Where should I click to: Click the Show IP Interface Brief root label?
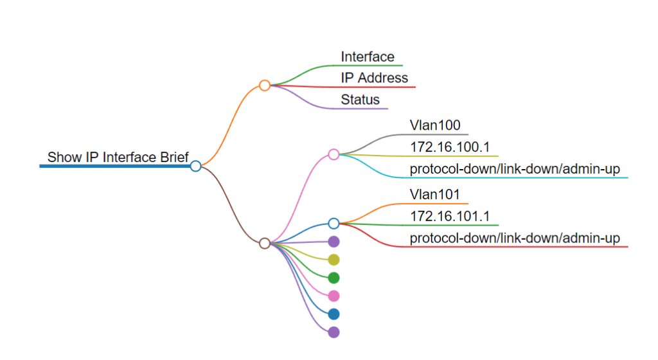click(118, 157)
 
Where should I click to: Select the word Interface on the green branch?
click(368, 57)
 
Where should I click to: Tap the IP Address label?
click(374, 78)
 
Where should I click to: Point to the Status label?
click(360, 100)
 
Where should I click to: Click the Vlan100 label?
click(435, 125)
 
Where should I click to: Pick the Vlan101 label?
click(435, 194)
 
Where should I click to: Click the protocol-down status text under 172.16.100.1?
click(515, 169)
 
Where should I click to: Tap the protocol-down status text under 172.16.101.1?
click(515, 239)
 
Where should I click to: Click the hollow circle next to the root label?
click(196, 166)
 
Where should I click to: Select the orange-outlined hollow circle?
click(264, 85)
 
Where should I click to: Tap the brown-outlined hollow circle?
click(264, 243)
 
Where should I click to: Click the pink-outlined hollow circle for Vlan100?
click(333, 154)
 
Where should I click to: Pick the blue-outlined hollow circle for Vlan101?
click(333, 223)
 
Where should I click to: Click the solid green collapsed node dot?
click(333, 278)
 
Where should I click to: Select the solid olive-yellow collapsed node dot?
click(333, 260)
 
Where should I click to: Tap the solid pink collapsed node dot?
click(333, 296)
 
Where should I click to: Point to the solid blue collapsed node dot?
click(333, 314)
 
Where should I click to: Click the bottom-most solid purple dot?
click(333, 332)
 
